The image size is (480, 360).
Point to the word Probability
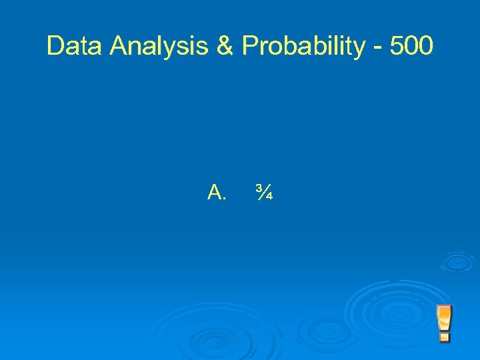point(303,46)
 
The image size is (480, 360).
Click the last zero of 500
point(425,46)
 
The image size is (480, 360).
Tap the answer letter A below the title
point(215,193)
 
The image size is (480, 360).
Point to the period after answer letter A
point(225,199)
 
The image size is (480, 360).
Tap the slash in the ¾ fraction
point(263,193)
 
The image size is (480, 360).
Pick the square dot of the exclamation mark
point(444,337)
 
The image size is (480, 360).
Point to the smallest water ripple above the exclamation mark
point(457,261)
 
